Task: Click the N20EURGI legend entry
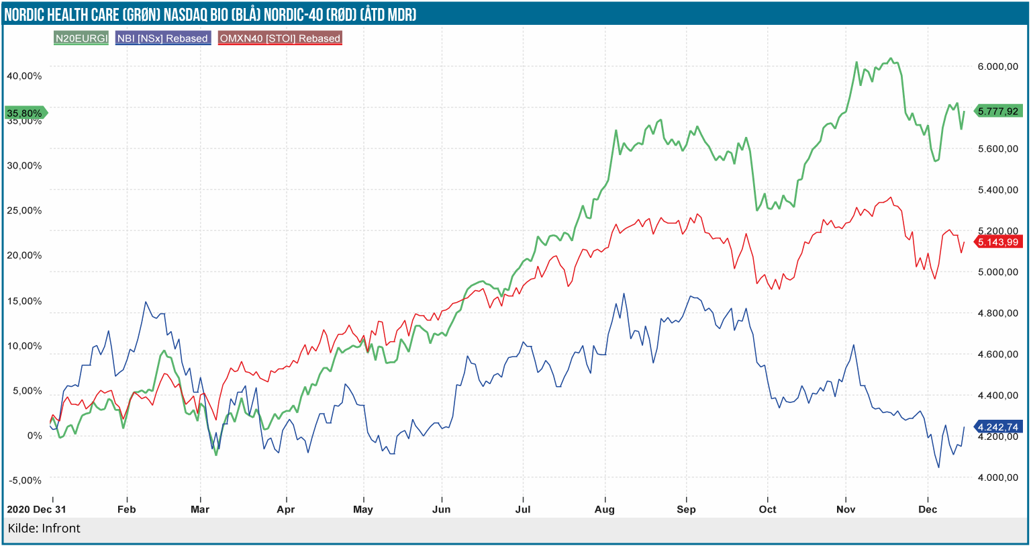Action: coord(81,38)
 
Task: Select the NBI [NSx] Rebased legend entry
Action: coord(163,38)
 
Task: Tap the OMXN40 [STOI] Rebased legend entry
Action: coord(281,38)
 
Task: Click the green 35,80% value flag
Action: coord(25,113)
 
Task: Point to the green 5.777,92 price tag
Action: coord(998,111)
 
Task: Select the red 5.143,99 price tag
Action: coord(998,242)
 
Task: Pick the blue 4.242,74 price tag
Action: coord(998,427)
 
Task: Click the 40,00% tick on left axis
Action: coord(24,76)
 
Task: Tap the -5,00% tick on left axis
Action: coord(24,480)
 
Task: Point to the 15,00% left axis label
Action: coord(24,301)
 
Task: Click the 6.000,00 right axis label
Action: coord(998,66)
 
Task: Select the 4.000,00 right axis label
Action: coord(998,477)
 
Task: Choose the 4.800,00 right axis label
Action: coord(998,313)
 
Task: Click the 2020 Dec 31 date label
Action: coord(37,509)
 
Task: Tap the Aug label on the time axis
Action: coord(605,509)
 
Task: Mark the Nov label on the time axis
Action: coord(846,509)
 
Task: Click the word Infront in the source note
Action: coord(61,529)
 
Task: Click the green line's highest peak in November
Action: coord(891,58)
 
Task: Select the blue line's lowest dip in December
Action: coord(939,467)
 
